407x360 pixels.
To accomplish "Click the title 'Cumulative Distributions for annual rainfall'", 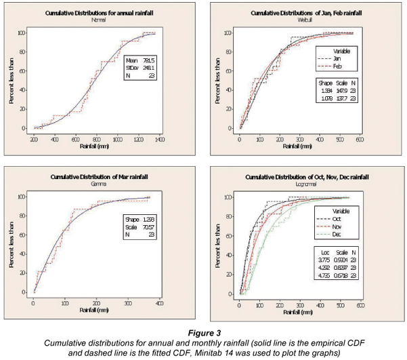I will coord(99,12).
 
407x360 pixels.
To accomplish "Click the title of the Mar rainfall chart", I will coord(100,176).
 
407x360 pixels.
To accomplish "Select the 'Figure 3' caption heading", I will coord(202,333).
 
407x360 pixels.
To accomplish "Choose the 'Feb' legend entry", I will coord(337,66).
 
